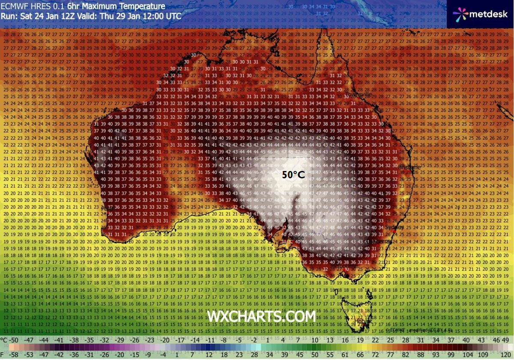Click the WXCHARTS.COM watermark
[x=261, y=316]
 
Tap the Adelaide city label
[x=296, y=237]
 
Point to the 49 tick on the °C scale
[x=507, y=339]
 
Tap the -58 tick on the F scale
[x=14, y=355]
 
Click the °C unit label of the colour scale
[x=4, y=339]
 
